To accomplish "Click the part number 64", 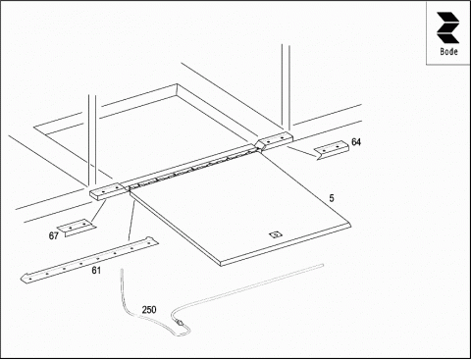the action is point(356,142).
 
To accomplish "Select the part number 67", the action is point(54,235).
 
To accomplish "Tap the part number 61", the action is point(96,271).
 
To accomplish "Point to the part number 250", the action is point(149,310).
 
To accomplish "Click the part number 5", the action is point(332,198).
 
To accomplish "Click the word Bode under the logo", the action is point(448,51).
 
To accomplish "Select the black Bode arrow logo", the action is point(447,27).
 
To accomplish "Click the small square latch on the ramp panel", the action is point(276,234).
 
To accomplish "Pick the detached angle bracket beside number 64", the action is point(332,149).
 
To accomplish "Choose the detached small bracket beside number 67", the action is point(77,227).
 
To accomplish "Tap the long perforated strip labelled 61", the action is point(89,259).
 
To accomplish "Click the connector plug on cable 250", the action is point(180,322).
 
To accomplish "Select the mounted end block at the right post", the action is point(275,141).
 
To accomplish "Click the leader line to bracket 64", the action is point(302,153).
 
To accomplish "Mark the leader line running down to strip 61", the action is point(131,222).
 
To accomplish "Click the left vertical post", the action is point(92,141).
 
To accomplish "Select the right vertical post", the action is point(286,89).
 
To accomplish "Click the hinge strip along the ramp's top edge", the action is point(193,168).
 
